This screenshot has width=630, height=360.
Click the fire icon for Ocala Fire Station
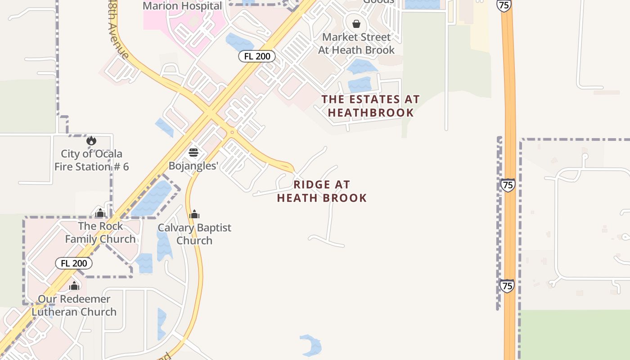tap(91, 141)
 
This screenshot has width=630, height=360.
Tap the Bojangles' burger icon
tap(193, 153)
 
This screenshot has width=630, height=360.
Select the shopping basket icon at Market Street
tap(356, 24)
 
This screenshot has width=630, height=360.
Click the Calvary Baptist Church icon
tap(194, 214)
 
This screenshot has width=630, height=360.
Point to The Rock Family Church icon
tap(100, 213)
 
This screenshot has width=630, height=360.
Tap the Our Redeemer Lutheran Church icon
tap(74, 286)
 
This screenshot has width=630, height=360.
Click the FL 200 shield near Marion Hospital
tap(256, 56)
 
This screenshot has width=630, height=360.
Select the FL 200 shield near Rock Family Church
tap(74, 263)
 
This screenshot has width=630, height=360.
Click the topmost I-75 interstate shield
tap(504, 4)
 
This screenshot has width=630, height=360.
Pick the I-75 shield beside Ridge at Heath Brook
tap(508, 185)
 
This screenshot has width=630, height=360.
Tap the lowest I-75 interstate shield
tap(507, 286)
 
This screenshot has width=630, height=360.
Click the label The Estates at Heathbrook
tap(370, 106)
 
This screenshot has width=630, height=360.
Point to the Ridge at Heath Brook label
tap(322, 191)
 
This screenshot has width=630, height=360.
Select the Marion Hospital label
tap(182, 6)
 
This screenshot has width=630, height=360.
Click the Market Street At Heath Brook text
tap(356, 43)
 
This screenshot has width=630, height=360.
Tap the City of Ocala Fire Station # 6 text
tap(92, 160)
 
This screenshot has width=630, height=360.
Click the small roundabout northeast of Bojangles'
tap(232, 132)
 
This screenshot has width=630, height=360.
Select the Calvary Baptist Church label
tap(194, 234)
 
